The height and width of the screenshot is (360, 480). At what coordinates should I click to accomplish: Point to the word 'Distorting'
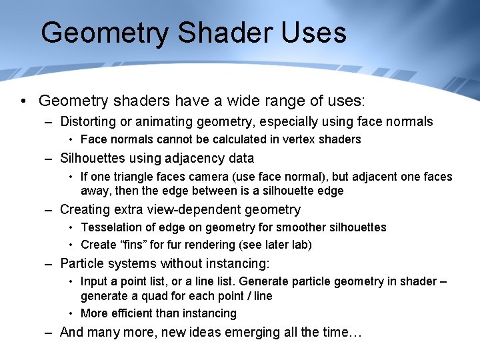[89, 122]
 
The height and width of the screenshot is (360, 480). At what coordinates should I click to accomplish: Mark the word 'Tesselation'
[111, 227]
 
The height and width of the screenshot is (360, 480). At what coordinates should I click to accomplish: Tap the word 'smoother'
[313, 227]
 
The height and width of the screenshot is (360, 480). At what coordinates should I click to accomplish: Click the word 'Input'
[94, 281]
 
